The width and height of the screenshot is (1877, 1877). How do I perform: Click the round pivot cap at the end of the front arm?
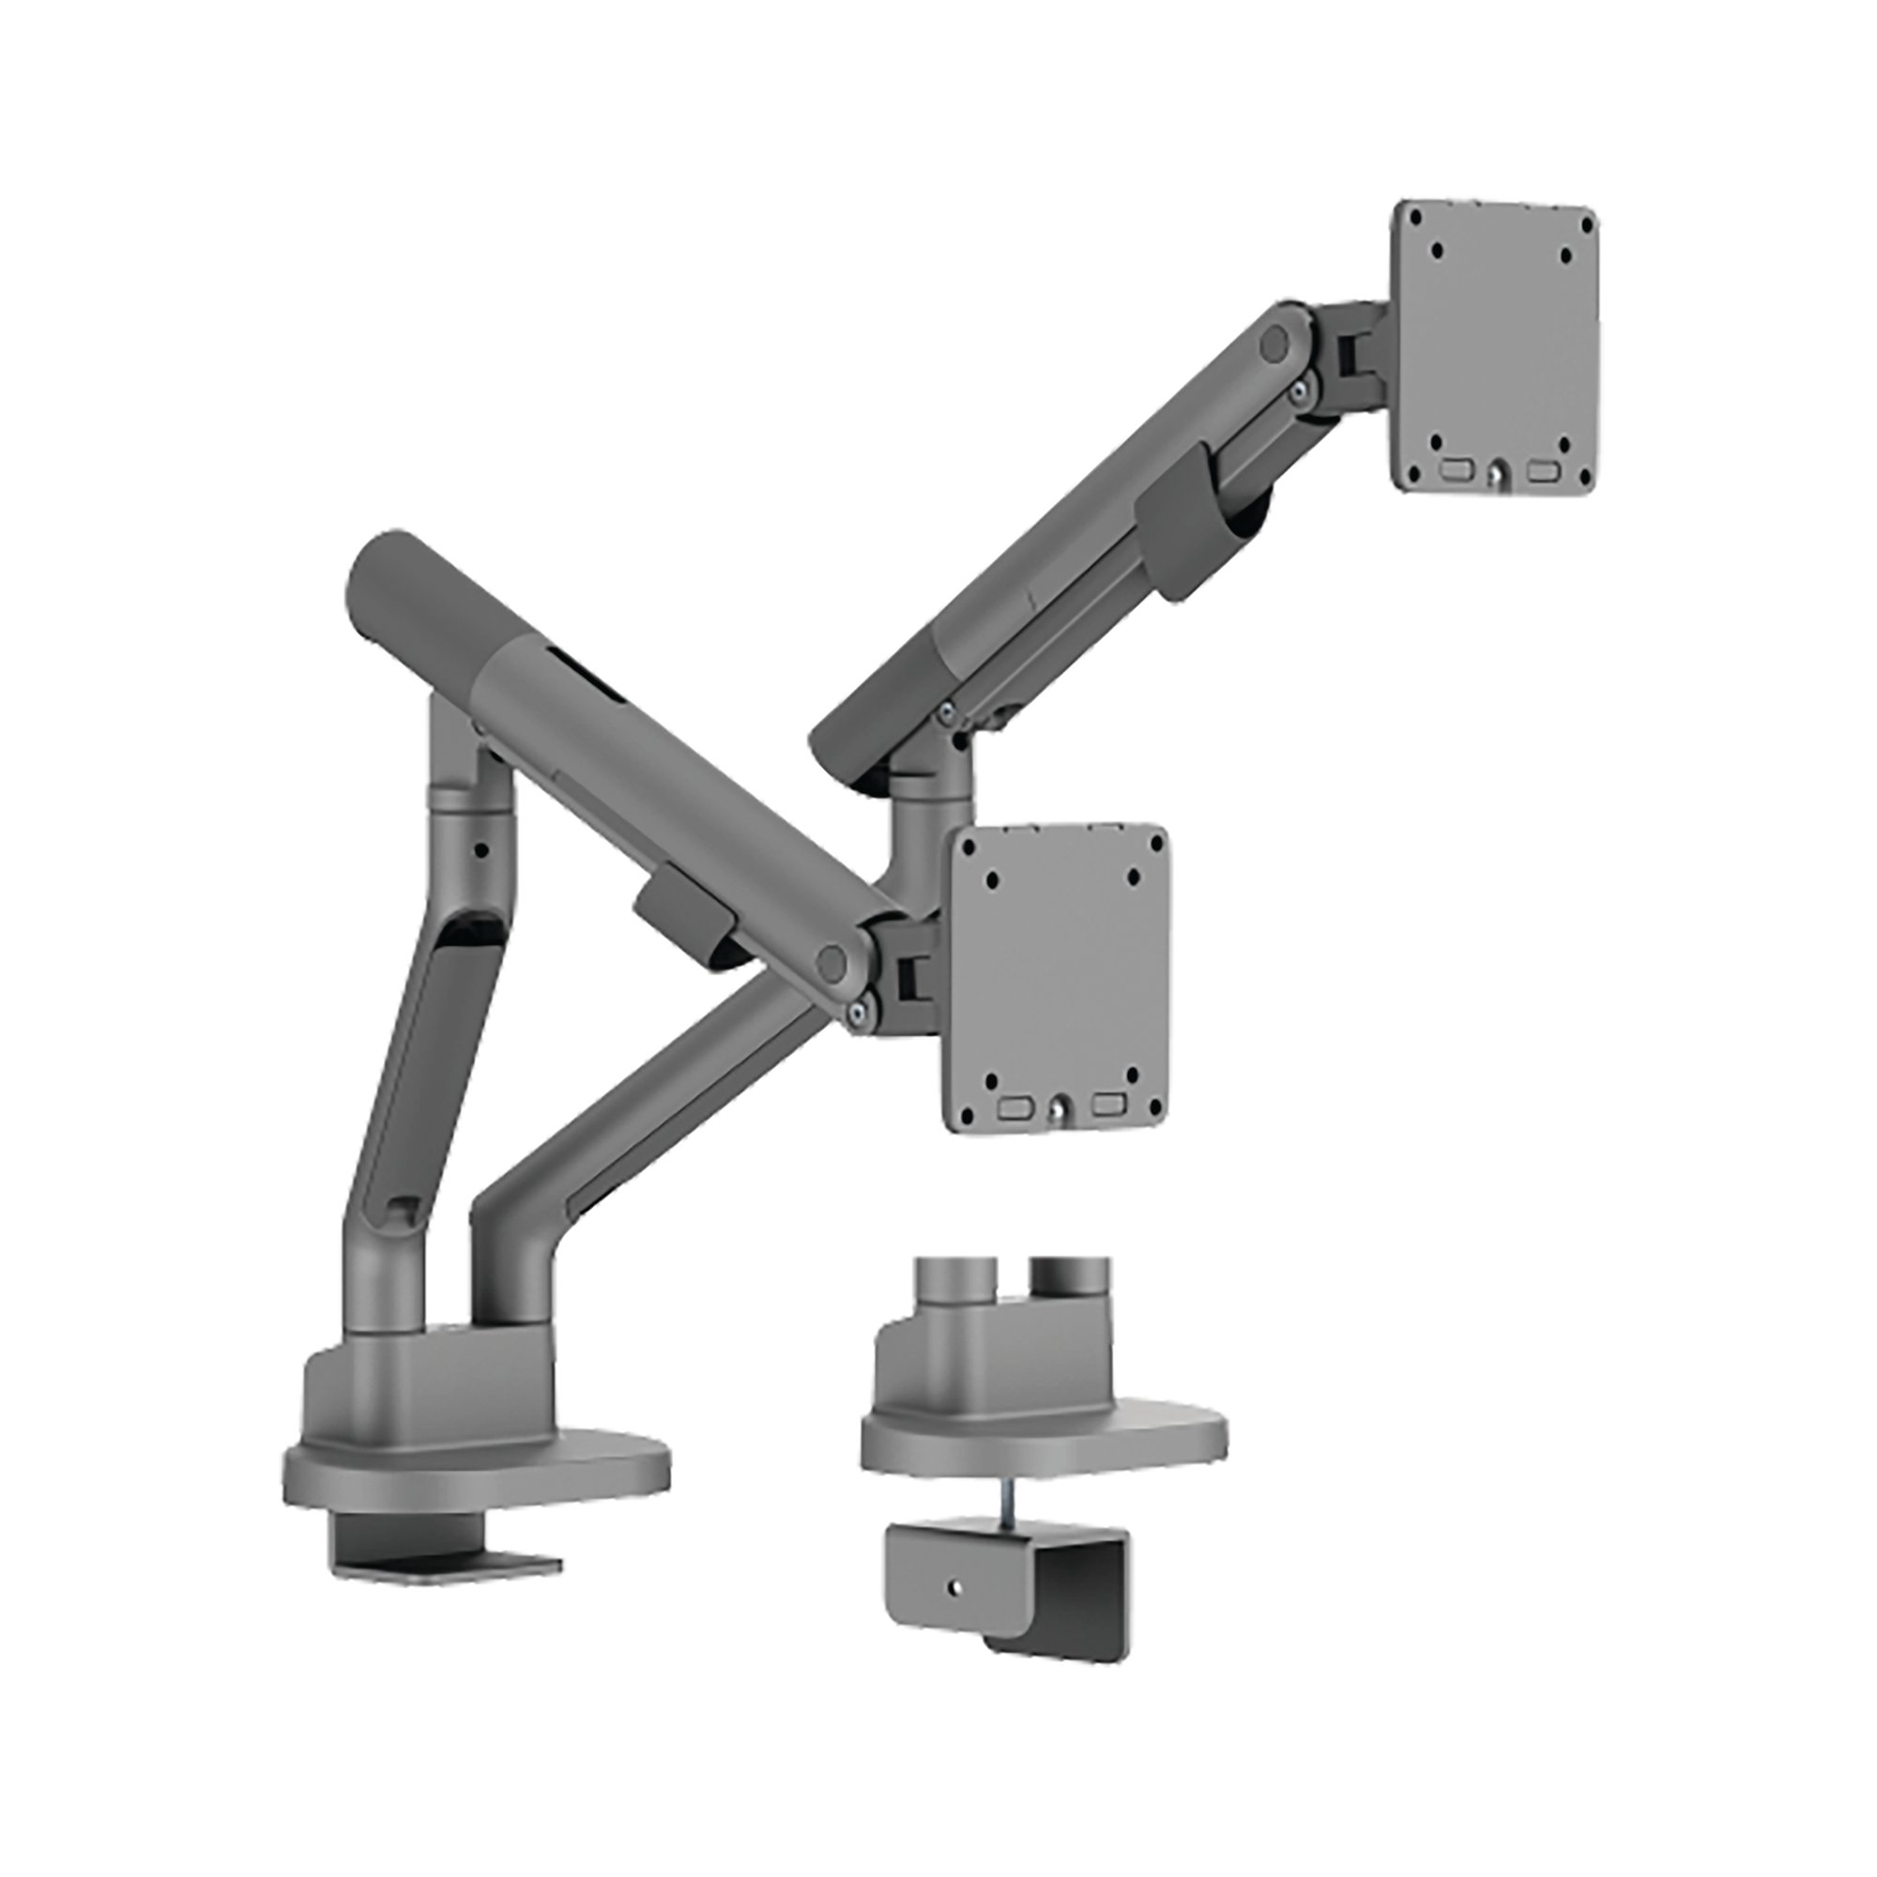(831, 962)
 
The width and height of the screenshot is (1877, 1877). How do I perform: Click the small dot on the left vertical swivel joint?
(480, 848)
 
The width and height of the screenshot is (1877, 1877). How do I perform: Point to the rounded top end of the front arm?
(384, 563)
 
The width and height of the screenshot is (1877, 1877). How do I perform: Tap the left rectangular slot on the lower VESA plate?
(1016, 1105)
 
